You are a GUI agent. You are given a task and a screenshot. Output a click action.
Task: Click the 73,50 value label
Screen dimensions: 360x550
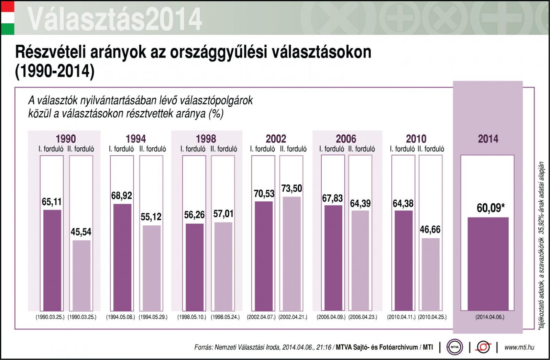291,189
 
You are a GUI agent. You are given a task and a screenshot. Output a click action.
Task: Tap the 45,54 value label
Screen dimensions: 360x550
81,232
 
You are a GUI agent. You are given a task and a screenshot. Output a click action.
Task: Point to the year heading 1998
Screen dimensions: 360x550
206,139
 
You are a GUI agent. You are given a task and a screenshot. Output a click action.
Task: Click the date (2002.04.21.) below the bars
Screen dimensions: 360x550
293,317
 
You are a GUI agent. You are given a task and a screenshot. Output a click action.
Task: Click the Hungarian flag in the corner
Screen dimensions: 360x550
8,18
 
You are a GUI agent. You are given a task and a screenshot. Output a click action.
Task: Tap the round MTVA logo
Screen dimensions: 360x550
454,347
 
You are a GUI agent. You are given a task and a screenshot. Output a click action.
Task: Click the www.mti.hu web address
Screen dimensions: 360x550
519,347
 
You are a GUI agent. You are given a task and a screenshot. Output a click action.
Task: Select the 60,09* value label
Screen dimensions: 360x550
491,208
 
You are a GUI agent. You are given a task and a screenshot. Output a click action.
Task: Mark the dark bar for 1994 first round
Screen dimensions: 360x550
122,257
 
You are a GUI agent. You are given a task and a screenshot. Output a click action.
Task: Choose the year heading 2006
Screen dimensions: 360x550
346,139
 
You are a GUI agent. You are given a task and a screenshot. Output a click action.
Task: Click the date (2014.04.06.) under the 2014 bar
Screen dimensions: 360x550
490,317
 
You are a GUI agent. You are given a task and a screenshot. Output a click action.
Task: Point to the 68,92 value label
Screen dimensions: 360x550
122,195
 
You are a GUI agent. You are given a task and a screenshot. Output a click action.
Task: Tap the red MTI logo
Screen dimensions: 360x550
483,347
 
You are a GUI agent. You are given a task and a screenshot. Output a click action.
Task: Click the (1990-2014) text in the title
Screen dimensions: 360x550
55,71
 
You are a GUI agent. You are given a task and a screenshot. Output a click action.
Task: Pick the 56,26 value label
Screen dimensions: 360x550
194,215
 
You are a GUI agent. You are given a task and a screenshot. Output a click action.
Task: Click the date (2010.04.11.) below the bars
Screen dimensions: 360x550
401,317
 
